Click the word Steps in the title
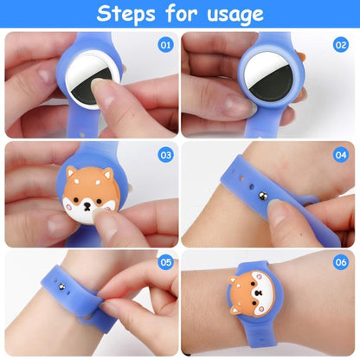tap(128, 14)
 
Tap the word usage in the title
tap(233, 15)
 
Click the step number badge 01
tap(165, 42)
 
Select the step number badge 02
tap(340, 42)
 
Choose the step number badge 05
tap(165, 261)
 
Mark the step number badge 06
tap(340, 261)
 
